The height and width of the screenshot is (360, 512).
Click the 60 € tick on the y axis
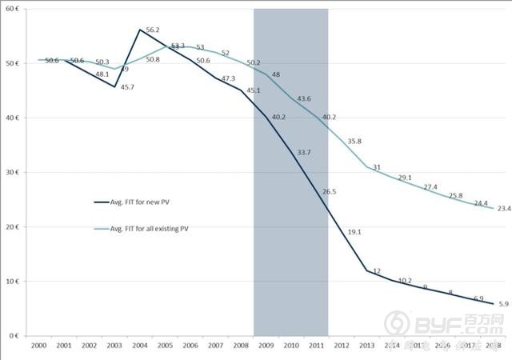click(x=14, y=9)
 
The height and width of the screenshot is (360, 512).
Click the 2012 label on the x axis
click(x=342, y=346)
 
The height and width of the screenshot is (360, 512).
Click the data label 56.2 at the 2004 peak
click(x=152, y=31)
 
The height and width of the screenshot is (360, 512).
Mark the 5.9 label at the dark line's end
click(x=503, y=304)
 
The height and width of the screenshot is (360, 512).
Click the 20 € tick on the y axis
click(x=14, y=227)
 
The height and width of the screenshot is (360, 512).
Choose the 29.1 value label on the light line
click(x=405, y=178)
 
